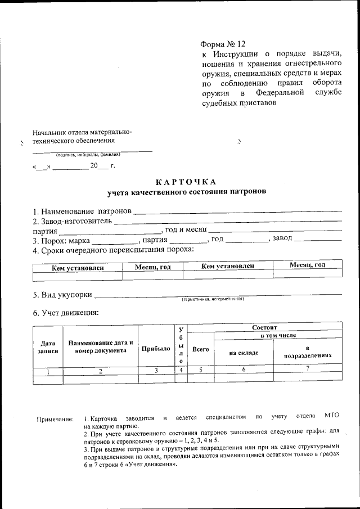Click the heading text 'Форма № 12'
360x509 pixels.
tap(223, 44)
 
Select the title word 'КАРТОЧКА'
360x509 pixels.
tap(186, 182)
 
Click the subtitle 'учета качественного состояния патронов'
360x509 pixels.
tap(187, 192)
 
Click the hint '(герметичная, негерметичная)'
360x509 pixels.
tap(212, 300)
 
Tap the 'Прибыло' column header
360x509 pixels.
tap(156, 349)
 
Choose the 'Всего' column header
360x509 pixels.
tap(200, 349)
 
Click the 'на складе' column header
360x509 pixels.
tap(244, 353)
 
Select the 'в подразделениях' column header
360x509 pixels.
tap(307, 352)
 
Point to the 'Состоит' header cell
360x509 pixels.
tap(264, 327)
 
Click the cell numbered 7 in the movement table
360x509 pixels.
tap(307, 369)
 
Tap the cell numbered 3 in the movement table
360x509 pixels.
tap(156, 370)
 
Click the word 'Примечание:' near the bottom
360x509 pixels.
tap(55, 419)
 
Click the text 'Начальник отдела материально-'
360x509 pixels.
tap(82, 132)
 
